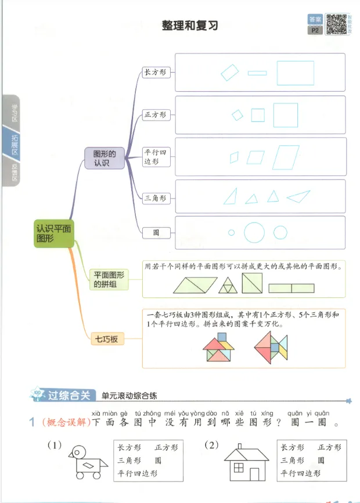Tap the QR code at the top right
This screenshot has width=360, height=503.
tap(336, 24)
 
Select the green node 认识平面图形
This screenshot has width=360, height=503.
tap(54, 233)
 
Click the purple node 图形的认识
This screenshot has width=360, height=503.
tap(105, 159)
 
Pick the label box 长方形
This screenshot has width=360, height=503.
tap(155, 72)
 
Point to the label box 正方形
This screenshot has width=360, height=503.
tap(155, 114)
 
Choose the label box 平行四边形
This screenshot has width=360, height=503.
tap(155, 157)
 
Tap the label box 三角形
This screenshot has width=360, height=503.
tap(155, 198)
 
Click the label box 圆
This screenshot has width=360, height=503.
tap(156, 233)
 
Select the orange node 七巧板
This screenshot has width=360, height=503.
tap(106, 338)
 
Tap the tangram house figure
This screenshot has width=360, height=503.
tap(218, 347)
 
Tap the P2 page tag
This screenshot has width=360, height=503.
tap(316, 30)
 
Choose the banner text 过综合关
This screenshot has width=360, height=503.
tap(69, 396)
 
